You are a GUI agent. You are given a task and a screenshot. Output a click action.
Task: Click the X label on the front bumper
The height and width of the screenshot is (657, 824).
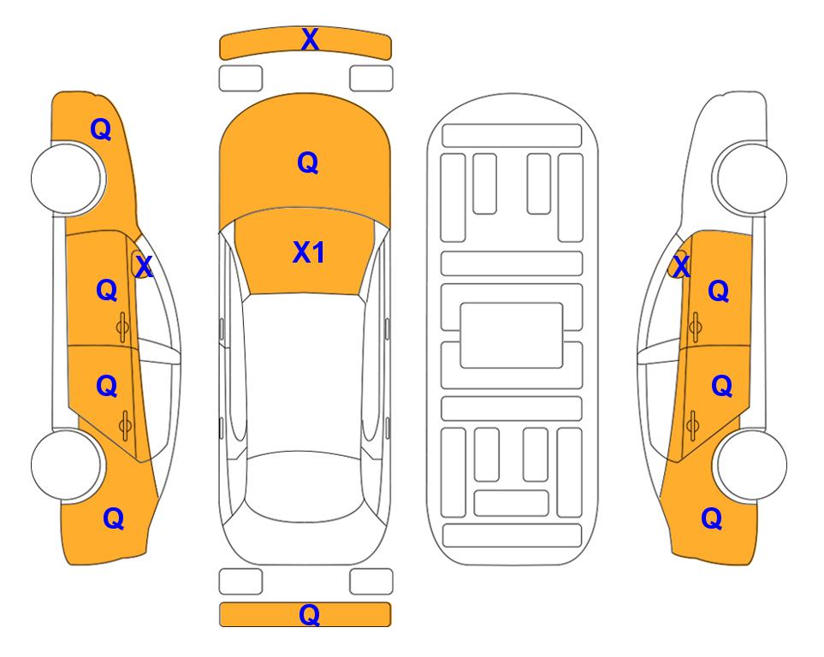pyautogui.click(x=310, y=39)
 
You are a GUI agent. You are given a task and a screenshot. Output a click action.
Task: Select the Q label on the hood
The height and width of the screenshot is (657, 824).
pyautogui.click(x=308, y=163)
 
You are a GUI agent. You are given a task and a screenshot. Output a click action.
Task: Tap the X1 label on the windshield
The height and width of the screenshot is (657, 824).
pyautogui.click(x=309, y=252)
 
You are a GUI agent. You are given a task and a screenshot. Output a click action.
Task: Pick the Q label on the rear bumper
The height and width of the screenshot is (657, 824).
pyautogui.click(x=310, y=614)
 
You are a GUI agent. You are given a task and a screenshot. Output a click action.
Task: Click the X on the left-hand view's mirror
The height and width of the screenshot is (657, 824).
pyautogui.click(x=144, y=267)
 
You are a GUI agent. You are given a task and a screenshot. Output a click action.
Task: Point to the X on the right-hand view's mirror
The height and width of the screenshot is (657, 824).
pyautogui.click(x=681, y=266)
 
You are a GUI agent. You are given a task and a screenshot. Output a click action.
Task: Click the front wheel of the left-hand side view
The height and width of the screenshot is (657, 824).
pyautogui.click(x=67, y=178)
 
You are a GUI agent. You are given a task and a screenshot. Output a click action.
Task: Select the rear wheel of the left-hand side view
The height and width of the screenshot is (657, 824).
pyautogui.click(x=67, y=465)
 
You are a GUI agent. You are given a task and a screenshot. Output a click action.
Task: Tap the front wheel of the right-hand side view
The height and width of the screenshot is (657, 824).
pyautogui.click(x=751, y=178)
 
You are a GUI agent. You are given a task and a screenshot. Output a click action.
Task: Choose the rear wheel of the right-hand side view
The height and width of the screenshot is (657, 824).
pyautogui.click(x=751, y=465)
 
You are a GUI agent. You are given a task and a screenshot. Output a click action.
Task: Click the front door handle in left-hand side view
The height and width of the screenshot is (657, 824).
pyautogui.click(x=122, y=328)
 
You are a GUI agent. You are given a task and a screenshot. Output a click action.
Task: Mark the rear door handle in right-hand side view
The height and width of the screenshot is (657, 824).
pyautogui.click(x=693, y=425)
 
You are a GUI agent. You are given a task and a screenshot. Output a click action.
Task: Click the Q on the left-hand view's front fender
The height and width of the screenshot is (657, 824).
pyautogui.click(x=101, y=129)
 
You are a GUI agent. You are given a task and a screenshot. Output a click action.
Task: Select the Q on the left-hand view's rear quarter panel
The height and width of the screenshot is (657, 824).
pyautogui.click(x=114, y=518)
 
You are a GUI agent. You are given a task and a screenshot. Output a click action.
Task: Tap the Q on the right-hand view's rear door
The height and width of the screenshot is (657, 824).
pyautogui.click(x=722, y=387)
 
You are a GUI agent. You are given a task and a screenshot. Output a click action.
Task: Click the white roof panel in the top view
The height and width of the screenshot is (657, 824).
pyautogui.click(x=305, y=373)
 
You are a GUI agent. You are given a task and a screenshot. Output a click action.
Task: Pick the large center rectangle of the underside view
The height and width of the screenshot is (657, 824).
pyautogui.click(x=512, y=335)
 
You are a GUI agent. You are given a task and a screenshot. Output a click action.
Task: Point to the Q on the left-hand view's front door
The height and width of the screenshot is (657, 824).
pyautogui.click(x=107, y=290)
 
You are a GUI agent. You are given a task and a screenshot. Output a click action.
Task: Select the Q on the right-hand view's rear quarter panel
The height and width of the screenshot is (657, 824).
pyautogui.click(x=712, y=518)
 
